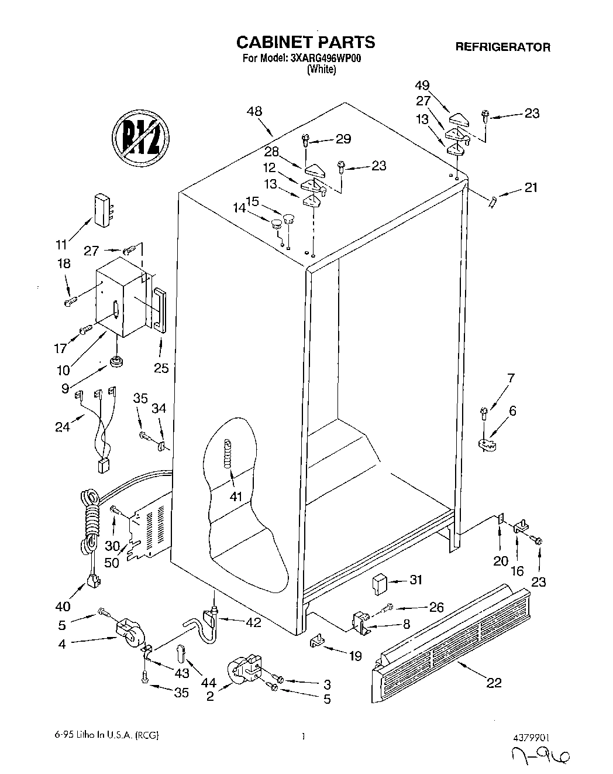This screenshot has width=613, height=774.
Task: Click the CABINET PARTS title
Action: [x=305, y=42]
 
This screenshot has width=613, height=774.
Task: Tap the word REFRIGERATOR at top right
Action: [x=502, y=47]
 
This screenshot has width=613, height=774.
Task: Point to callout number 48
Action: [x=254, y=111]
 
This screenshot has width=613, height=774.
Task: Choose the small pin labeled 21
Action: [x=493, y=202]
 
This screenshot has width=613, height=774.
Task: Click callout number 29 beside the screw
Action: [x=343, y=139]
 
